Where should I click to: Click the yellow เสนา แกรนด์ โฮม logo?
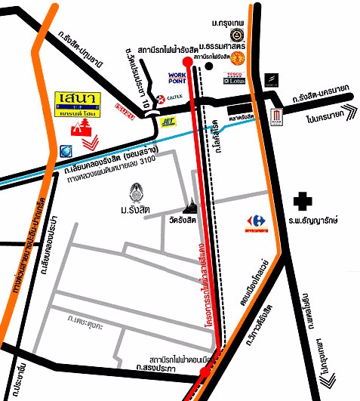(x=76, y=105)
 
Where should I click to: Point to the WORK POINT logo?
(x=177, y=79)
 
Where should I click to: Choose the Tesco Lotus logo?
(x=232, y=77)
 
